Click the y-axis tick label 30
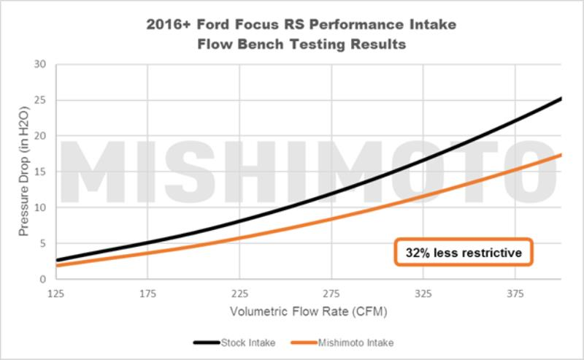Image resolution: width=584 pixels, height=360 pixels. [40, 64]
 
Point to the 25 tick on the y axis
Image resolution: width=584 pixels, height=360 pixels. [40, 100]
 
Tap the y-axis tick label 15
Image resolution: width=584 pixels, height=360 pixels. [40, 172]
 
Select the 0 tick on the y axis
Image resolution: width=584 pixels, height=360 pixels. [43, 279]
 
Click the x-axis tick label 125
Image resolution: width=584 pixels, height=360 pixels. [55, 294]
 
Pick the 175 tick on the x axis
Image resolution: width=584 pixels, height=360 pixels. [147, 294]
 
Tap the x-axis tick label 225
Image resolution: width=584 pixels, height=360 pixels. [239, 294]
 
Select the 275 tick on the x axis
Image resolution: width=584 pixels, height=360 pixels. [331, 294]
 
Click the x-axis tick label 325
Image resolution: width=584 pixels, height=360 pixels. [423, 294]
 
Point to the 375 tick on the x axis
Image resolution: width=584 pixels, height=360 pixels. [515, 294]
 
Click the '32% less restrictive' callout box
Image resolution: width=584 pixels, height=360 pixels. [464, 253]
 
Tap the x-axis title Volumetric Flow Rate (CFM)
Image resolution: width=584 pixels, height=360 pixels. [307, 312]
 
